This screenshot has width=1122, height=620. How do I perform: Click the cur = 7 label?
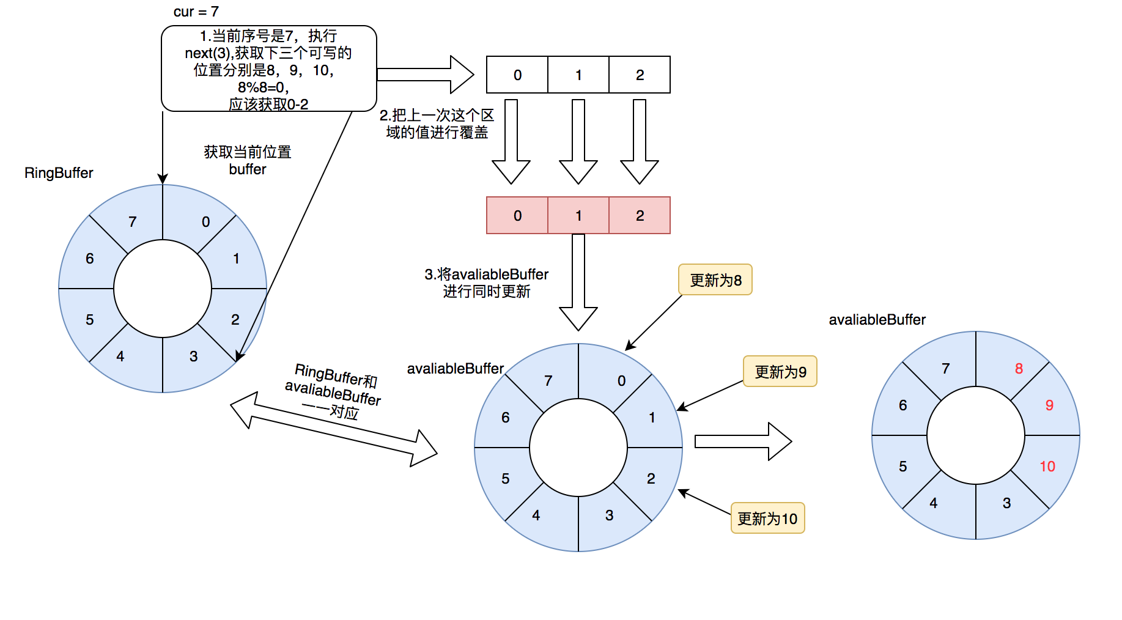(x=196, y=12)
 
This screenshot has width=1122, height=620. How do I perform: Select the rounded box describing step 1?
(x=268, y=68)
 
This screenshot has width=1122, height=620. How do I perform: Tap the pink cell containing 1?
(x=578, y=215)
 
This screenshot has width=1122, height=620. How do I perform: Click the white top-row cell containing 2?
(x=640, y=75)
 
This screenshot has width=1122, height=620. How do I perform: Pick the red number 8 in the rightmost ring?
(x=1019, y=369)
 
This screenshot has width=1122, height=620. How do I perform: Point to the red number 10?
(x=1047, y=467)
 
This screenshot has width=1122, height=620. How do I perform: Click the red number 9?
(x=1049, y=405)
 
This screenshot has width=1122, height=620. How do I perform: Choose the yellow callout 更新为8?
(x=715, y=280)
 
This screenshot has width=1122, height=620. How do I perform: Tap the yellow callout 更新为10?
(x=767, y=519)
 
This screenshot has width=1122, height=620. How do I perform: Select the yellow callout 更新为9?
(x=780, y=372)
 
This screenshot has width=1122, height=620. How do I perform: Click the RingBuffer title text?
(x=59, y=173)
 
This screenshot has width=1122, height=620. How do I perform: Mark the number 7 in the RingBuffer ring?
(x=132, y=222)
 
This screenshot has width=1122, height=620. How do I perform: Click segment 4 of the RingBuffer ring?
(x=120, y=356)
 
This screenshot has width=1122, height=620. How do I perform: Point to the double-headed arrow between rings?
(x=333, y=430)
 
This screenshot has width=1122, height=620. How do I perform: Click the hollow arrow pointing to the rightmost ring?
(x=743, y=441)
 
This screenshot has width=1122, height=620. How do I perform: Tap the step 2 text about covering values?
(x=437, y=124)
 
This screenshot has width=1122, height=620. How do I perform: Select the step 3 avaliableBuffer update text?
(x=487, y=283)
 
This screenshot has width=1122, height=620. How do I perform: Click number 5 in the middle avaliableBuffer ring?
(x=505, y=479)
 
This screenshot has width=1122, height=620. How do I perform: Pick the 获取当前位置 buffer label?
(x=247, y=160)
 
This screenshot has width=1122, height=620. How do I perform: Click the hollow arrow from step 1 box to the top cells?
(x=425, y=75)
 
